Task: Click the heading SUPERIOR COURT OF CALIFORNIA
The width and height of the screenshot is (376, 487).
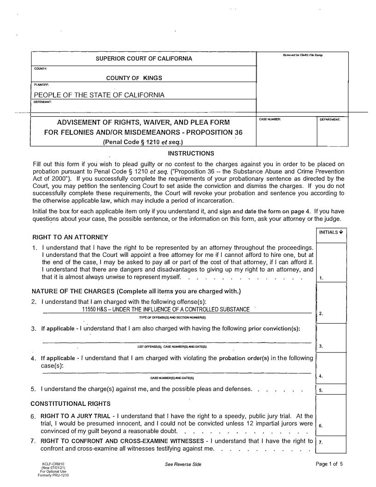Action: pyautogui.click(x=144, y=59)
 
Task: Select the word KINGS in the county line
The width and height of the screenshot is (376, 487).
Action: pyautogui.click(x=153, y=78)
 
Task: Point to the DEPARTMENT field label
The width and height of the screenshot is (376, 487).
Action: pyautogui.click(x=330, y=119)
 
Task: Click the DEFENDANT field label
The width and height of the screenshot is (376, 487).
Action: pyautogui.click(x=42, y=101)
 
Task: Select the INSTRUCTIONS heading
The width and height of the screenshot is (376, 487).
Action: pyautogui.click(x=191, y=153)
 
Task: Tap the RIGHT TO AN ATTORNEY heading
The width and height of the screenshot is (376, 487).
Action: pyautogui.click(x=70, y=237)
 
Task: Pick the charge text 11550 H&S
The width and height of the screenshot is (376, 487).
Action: pyautogui.click(x=95, y=309)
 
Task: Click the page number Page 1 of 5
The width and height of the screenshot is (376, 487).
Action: pyautogui.click(x=329, y=464)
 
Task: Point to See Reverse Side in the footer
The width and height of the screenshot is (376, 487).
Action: pyautogui.click(x=183, y=464)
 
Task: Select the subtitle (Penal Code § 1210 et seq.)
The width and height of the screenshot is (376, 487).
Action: pyautogui.click(x=143, y=142)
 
